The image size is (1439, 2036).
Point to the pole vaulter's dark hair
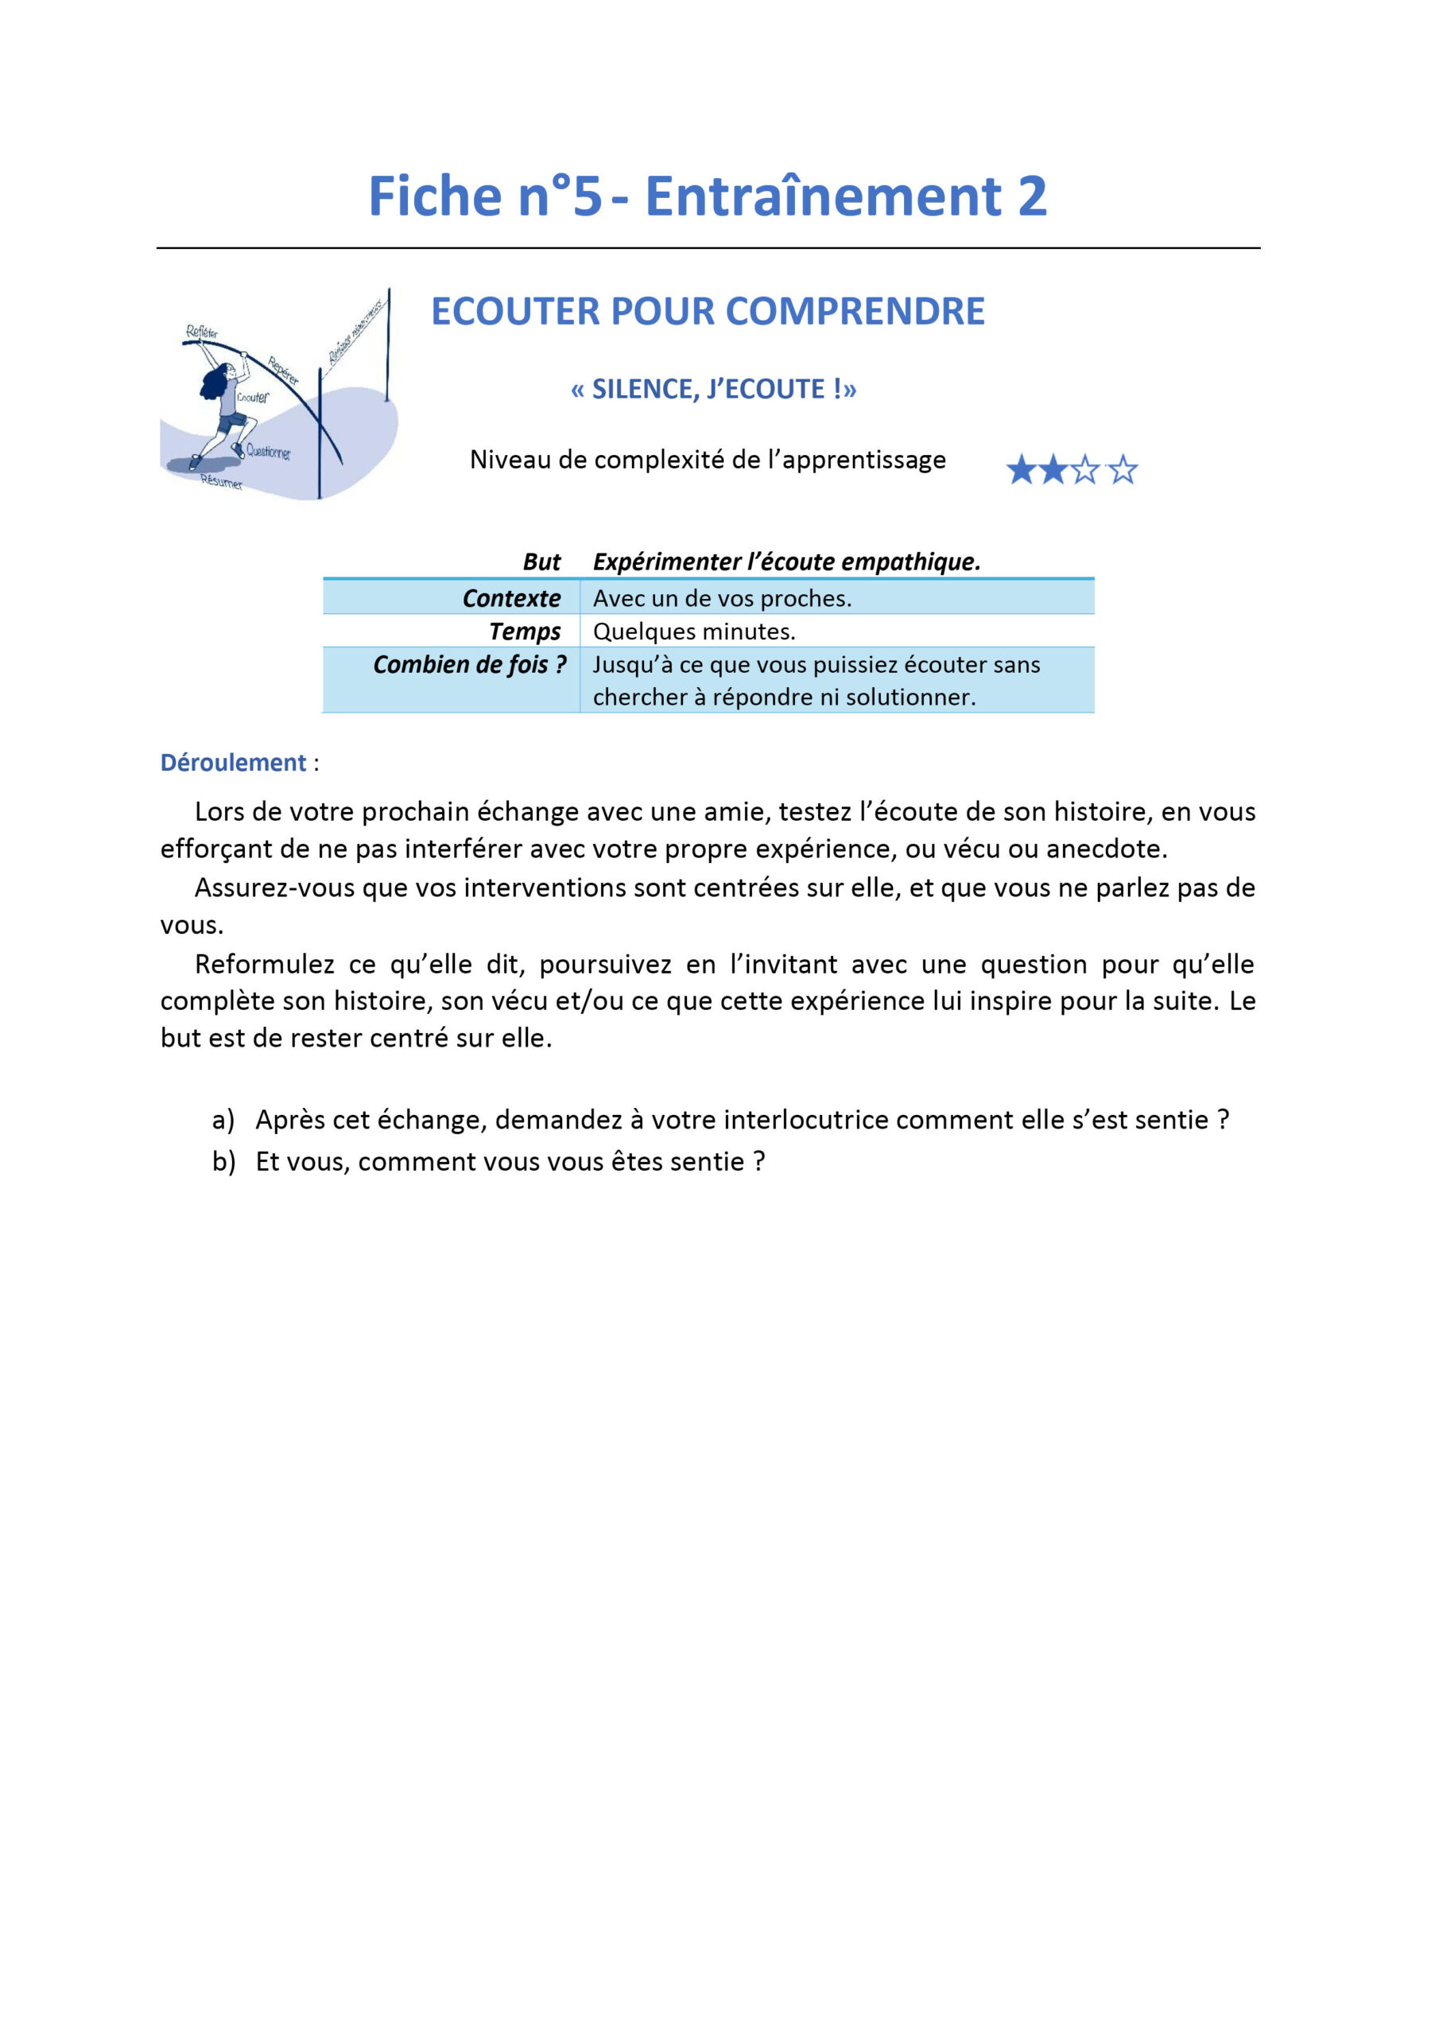215,383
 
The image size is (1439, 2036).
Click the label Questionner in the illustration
268,452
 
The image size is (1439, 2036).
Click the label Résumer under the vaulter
221,481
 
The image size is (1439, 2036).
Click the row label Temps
525,631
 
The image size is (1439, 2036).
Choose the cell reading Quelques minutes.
694,631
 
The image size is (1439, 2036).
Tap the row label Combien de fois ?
469,664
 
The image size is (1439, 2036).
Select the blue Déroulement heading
233,763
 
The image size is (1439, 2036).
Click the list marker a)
223,1120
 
